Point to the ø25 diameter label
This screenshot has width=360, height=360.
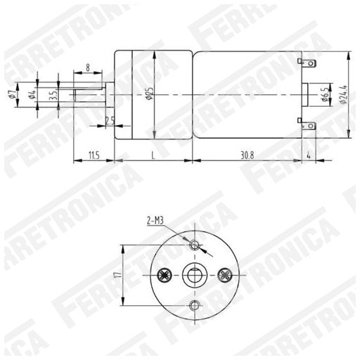(x=149, y=95)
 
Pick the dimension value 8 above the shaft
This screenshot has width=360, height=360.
(x=87, y=68)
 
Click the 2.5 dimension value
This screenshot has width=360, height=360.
(x=110, y=121)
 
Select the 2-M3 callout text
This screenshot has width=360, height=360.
(x=157, y=221)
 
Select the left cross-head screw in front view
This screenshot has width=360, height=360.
(x=166, y=275)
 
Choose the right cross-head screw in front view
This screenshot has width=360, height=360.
(x=225, y=274)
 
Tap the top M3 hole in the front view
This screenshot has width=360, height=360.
(x=195, y=245)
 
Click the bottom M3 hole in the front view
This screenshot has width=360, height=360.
(x=195, y=304)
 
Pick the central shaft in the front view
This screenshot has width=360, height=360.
(x=195, y=275)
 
